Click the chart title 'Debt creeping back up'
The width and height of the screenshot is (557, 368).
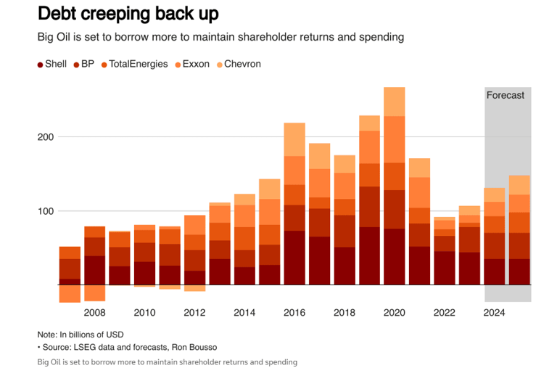(128, 13)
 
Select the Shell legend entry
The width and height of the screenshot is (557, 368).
(51, 64)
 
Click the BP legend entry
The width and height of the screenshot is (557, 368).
(83, 64)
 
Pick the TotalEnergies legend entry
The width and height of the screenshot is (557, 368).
(134, 64)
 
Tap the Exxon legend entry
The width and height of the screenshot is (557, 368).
(191, 64)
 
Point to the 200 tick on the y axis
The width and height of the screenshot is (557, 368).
(45, 137)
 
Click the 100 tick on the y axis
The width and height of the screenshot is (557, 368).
(45, 211)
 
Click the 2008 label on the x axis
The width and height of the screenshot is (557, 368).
(95, 313)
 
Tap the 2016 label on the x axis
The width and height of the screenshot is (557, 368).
(294, 313)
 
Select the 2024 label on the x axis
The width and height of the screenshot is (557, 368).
(494, 313)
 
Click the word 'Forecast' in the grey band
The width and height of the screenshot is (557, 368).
(505, 95)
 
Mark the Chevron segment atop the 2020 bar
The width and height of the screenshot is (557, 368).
(394, 102)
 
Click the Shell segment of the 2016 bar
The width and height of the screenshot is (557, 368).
(294, 258)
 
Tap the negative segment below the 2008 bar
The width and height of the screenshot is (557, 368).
(95, 293)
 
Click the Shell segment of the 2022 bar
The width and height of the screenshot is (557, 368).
(444, 268)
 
